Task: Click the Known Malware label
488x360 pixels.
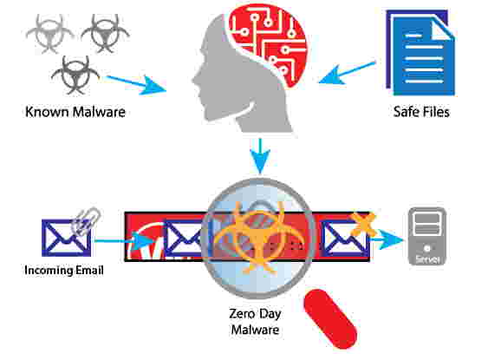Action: (75, 112)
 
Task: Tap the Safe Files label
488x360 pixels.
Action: (421, 112)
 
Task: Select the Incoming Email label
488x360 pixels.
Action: (64, 270)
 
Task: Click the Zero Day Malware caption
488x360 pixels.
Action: (255, 322)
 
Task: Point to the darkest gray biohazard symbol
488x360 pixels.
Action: (75, 75)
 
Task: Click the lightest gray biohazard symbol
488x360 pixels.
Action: (49, 34)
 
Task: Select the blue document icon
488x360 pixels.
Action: (420, 53)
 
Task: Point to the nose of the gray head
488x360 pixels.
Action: (194, 80)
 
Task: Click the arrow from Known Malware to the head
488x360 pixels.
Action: (136, 83)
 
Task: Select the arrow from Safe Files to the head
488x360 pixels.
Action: (347, 73)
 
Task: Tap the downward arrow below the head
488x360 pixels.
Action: (260, 155)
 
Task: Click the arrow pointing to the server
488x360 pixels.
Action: (387, 239)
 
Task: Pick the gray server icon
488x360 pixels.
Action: (427, 236)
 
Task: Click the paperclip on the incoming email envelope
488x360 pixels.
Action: (86, 220)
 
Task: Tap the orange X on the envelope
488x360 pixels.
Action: (363, 224)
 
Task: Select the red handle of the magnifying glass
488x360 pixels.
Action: (330, 319)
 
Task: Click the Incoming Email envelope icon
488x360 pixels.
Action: (66, 238)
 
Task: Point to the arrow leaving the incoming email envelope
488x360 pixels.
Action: (125, 241)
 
